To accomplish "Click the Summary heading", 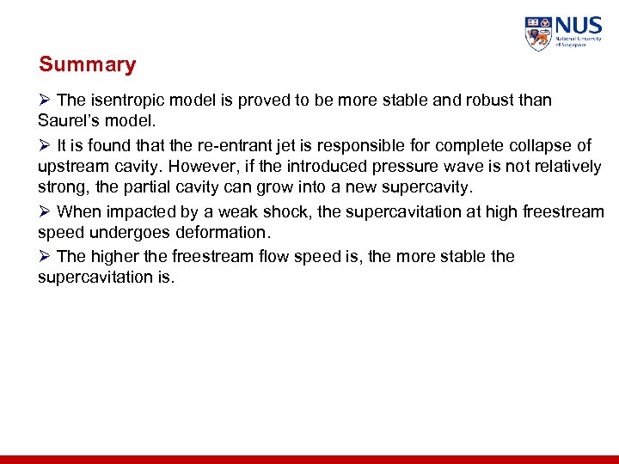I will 87,64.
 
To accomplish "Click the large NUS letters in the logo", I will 576,26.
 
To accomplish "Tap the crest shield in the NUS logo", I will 538,34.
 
